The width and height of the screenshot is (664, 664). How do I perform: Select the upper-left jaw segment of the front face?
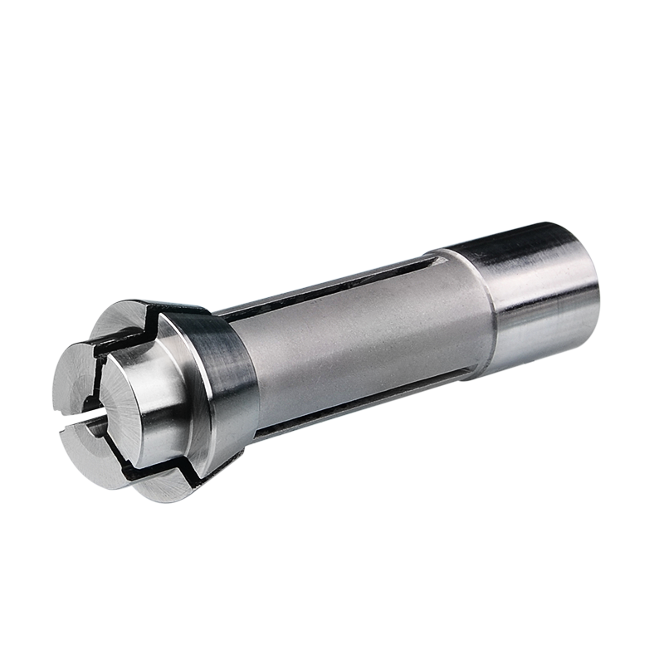click(x=83, y=373)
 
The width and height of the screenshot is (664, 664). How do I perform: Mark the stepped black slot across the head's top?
click(x=158, y=320)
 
